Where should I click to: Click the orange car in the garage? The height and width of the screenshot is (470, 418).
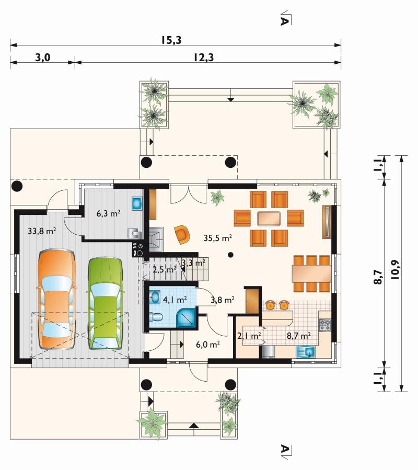click(x=57, y=299)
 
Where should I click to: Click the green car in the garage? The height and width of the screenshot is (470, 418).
click(x=105, y=303)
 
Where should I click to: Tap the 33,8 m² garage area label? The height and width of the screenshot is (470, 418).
click(x=42, y=231)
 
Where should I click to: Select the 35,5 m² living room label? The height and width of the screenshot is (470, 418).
click(x=218, y=238)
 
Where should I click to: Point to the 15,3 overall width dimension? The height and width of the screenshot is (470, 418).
click(x=171, y=40)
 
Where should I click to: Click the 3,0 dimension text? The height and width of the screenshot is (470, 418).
click(x=42, y=58)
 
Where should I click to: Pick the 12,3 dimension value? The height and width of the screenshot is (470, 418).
click(x=203, y=58)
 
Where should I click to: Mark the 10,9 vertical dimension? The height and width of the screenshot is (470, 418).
click(x=396, y=270)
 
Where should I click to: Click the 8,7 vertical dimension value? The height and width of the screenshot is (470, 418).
click(x=378, y=277)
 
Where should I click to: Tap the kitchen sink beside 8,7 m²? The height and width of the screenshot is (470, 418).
click(x=306, y=352)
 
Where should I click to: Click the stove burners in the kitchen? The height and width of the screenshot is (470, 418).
click(x=325, y=325)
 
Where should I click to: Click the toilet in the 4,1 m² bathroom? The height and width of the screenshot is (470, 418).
click(x=156, y=316)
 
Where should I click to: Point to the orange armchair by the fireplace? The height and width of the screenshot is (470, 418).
click(x=182, y=234)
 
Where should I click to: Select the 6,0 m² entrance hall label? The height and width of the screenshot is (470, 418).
click(x=208, y=345)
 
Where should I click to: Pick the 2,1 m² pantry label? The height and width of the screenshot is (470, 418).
click(x=249, y=336)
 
